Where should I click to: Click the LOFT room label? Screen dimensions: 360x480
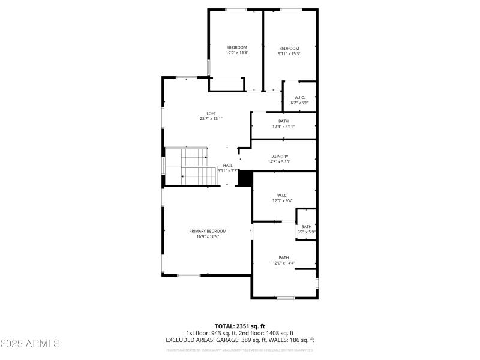click(211, 113)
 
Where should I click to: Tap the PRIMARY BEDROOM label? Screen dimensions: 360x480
click(208, 231)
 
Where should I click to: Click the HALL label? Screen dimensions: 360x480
click(228, 166)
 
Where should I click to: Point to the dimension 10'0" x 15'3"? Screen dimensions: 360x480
click(236, 53)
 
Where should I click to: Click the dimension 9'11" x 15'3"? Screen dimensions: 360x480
click(289, 53)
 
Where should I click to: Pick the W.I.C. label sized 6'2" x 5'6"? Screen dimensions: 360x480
click(299, 97)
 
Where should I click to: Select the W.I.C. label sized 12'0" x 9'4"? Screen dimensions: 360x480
click(283, 195)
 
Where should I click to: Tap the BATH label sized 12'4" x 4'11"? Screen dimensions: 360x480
click(283, 121)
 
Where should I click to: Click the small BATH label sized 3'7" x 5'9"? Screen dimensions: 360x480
click(306, 226)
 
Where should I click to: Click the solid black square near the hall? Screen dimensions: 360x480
click(245, 178)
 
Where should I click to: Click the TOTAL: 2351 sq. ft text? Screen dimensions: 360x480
click(239, 326)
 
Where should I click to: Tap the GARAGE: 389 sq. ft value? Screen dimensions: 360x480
click(253, 340)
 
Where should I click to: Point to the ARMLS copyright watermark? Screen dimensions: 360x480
click(30, 344)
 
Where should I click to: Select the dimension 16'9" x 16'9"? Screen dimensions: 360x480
click(208, 236)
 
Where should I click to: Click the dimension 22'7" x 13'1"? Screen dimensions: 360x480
click(211, 119)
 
